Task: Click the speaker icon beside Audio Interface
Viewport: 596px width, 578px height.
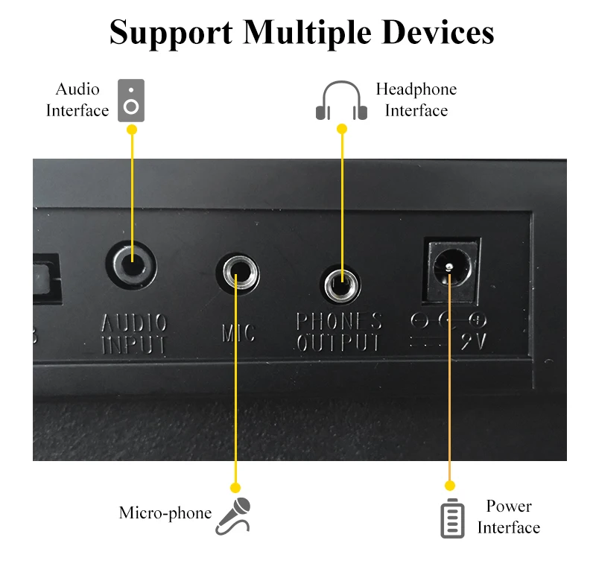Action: pyautogui.click(x=132, y=101)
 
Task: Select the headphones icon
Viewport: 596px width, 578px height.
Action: pyautogui.click(x=342, y=101)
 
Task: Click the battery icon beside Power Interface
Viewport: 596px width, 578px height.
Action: pyautogui.click(x=451, y=518)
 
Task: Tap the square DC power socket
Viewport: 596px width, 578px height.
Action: pyautogui.click(x=450, y=270)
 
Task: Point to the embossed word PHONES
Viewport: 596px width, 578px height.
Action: pyautogui.click(x=339, y=322)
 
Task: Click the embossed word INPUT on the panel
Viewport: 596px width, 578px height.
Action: pyautogui.click(x=134, y=344)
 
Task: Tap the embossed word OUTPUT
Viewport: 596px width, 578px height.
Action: pyautogui.click(x=338, y=343)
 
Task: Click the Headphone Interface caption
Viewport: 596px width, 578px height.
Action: pyautogui.click(x=416, y=100)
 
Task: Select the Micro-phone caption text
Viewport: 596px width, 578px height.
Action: pyautogui.click(x=165, y=513)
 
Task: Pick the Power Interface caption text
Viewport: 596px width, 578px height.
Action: pyautogui.click(x=509, y=517)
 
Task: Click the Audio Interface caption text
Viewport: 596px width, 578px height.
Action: pyautogui.click(x=77, y=100)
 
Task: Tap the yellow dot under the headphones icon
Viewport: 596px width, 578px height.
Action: pyautogui.click(x=342, y=129)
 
